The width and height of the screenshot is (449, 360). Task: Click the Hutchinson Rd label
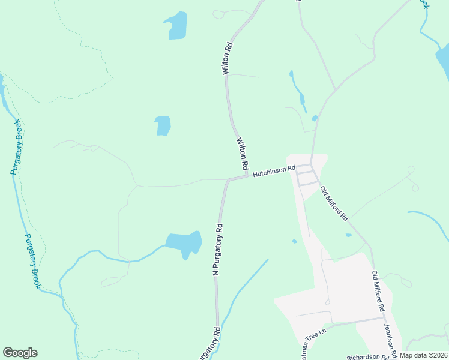point(274,172)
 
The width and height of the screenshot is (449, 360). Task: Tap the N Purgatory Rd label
point(218,250)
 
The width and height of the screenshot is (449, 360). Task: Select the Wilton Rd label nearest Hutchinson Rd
point(243,153)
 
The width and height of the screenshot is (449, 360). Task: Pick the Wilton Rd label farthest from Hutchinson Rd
point(227,58)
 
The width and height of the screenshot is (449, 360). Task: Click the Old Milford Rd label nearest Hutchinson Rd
point(334,204)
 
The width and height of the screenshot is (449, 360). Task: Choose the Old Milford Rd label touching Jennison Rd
point(378,291)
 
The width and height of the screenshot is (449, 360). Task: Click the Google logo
point(20,353)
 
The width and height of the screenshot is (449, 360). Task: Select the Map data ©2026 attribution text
point(423,355)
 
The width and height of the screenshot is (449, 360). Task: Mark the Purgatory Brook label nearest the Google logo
point(32,261)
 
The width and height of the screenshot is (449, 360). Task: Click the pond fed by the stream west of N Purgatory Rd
point(184,243)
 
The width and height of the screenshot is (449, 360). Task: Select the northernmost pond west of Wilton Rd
point(177,25)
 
